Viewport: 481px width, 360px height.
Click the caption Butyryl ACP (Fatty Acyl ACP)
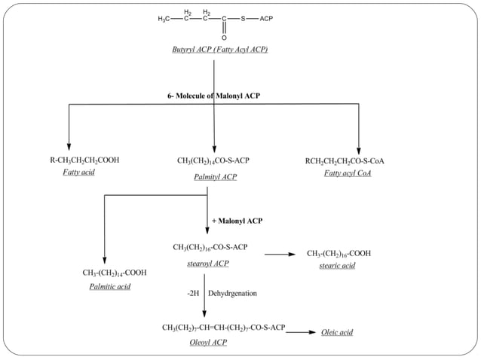219,50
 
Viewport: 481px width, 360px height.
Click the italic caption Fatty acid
78,173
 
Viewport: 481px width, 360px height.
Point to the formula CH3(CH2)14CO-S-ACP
213,160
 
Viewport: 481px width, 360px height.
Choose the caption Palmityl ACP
215,177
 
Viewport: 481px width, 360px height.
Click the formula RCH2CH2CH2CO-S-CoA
345,160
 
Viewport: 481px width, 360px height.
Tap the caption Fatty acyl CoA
348,173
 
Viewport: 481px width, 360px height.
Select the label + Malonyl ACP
237,221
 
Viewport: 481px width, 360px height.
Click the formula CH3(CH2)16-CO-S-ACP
210,247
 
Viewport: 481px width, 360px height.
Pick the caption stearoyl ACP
208,264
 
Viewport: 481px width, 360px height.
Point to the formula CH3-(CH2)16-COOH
339,254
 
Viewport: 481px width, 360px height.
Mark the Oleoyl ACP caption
208,343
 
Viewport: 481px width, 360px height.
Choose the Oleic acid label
337,331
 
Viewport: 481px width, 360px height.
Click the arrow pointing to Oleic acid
301,331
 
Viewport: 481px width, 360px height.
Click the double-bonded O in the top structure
224,37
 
